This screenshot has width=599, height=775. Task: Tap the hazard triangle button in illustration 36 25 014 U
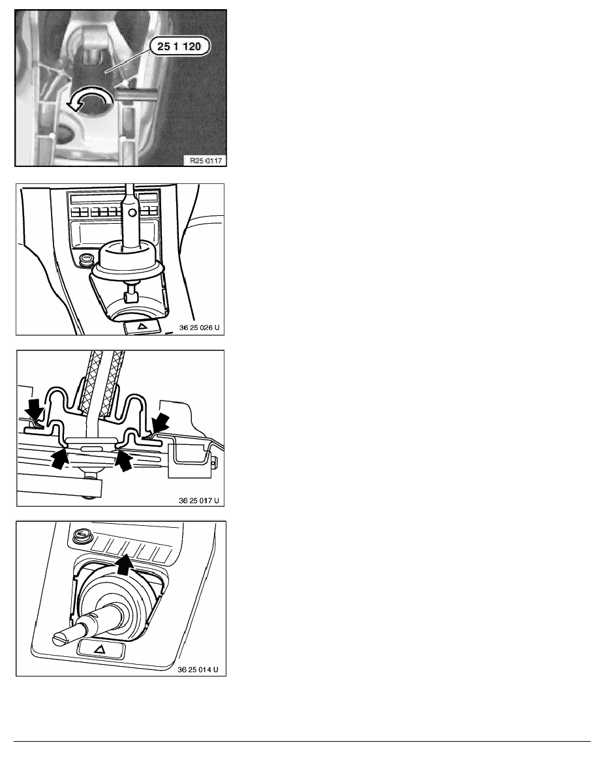[100, 648]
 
